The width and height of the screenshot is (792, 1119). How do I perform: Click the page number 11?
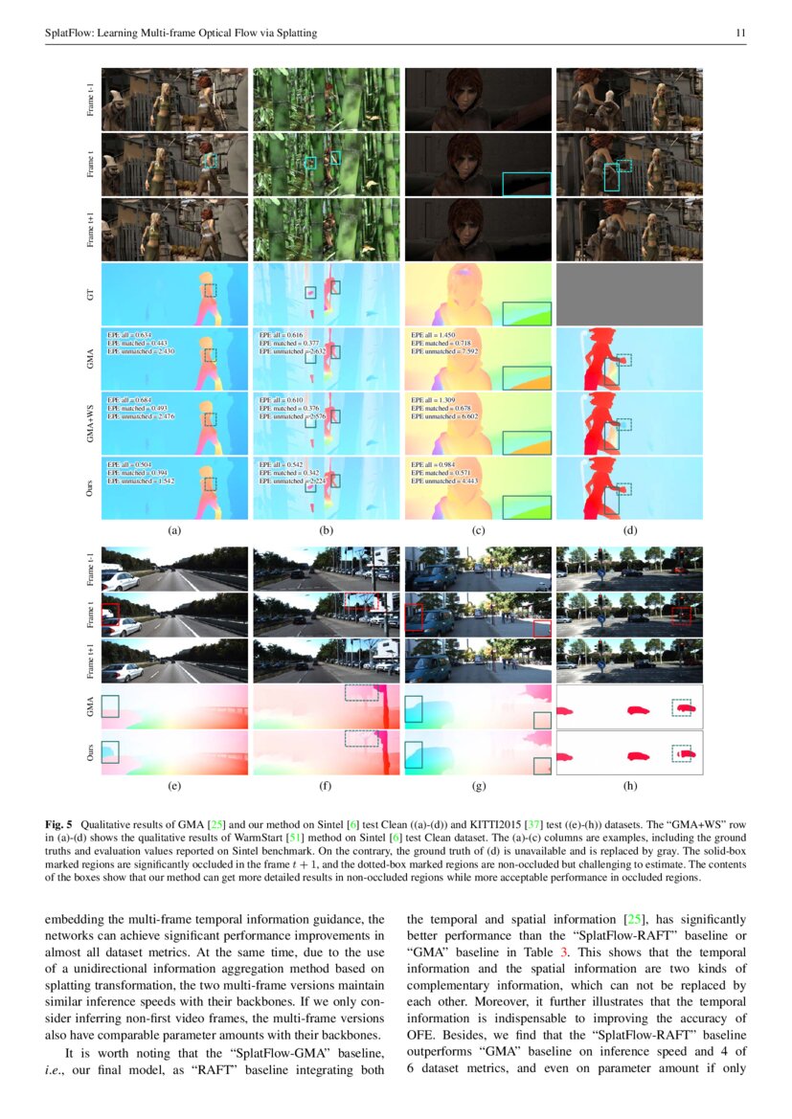coord(739,34)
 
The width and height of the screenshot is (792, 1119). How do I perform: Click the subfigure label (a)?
coord(173,529)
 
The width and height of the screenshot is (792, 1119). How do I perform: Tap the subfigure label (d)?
coord(629,529)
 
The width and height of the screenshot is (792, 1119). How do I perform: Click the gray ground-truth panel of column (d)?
coord(629,296)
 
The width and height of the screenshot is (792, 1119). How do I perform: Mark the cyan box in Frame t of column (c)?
coord(526,183)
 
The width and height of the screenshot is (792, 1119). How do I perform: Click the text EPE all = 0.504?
coord(132,463)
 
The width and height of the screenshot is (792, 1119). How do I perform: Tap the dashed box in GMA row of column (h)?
coord(682,707)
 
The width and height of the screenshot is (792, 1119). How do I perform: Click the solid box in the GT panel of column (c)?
coord(527,313)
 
